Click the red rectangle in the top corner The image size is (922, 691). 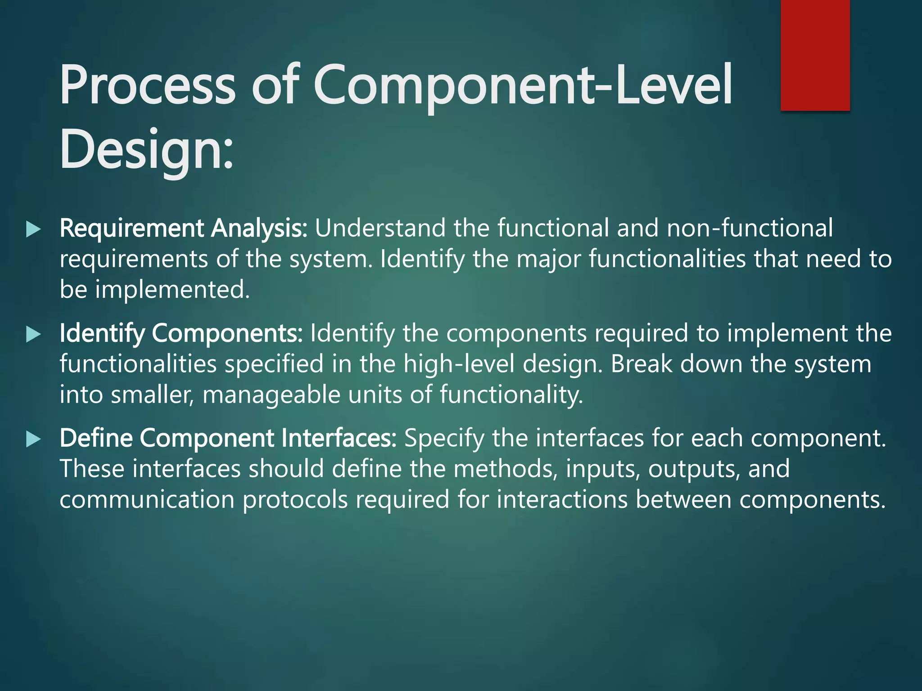[x=815, y=55]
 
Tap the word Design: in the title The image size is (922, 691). [x=146, y=150]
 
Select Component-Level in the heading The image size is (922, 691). [x=522, y=85]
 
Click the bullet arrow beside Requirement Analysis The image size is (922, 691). [x=33, y=229]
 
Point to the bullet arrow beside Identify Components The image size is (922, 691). [x=33, y=334]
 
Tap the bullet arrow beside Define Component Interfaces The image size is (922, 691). [x=33, y=439]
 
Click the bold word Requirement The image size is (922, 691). [x=131, y=228]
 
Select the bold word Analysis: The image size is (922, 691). [x=259, y=228]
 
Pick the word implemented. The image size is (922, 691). [x=172, y=289]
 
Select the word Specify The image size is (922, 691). [x=444, y=438]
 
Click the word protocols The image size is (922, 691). [x=295, y=499]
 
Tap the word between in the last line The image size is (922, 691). [x=683, y=499]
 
